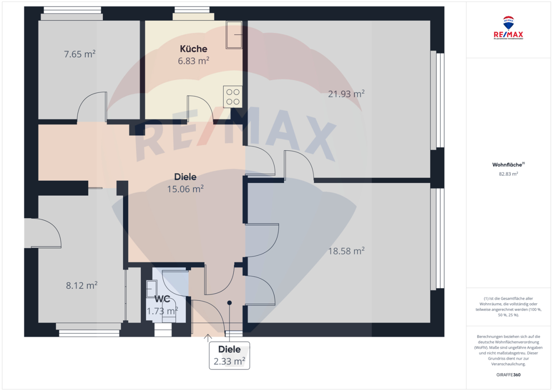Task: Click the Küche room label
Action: (194, 49)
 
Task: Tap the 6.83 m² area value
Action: (194, 61)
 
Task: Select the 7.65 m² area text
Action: (79, 54)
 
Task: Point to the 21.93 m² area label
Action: (346, 93)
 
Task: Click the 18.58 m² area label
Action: (346, 251)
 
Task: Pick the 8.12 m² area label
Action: (81, 286)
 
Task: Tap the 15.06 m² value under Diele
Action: (185, 189)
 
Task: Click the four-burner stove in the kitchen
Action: (232, 97)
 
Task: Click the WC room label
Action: (162, 299)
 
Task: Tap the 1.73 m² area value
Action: (162, 311)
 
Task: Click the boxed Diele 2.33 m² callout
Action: (229, 355)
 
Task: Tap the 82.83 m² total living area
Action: (508, 174)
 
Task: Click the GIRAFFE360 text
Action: (508, 375)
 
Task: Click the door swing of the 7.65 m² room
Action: (92, 106)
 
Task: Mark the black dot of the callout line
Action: (230, 303)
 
